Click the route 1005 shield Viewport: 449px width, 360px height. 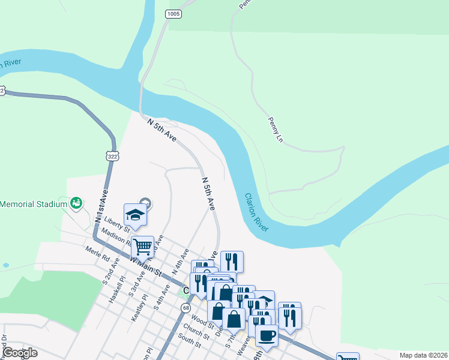click(x=174, y=13)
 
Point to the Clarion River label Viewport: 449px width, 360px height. click(x=256, y=212)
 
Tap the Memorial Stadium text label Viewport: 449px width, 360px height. click(x=33, y=204)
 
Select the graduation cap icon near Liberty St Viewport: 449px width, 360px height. click(x=135, y=215)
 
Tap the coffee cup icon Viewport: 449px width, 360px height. click(x=267, y=335)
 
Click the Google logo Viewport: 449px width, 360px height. click(x=20, y=353)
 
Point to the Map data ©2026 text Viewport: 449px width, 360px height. click(x=423, y=355)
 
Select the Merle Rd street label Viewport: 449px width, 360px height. click(x=97, y=254)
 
